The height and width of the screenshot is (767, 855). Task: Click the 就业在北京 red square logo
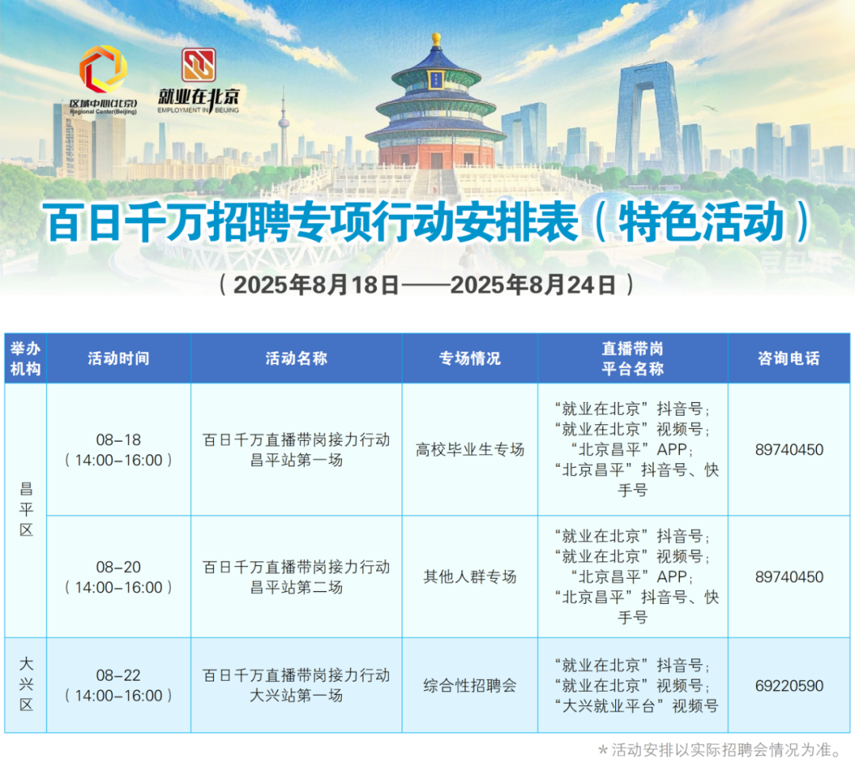point(199,65)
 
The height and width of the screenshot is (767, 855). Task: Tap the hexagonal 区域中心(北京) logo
point(103,69)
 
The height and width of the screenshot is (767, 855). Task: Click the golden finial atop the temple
point(435,40)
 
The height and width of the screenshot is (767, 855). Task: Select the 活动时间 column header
point(119,358)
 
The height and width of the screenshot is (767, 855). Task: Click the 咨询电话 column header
point(788,358)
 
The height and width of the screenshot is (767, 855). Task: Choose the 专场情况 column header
point(469,358)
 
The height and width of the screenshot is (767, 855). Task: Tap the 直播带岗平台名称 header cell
point(633,358)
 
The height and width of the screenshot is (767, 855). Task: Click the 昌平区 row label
point(25,509)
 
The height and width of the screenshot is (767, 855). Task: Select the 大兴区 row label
point(25,684)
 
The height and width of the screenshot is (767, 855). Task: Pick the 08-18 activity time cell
point(119,450)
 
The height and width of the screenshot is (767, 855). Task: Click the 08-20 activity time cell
point(119,577)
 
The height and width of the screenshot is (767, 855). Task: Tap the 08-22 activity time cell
point(119,685)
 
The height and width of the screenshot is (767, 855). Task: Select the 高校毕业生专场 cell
point(469,450)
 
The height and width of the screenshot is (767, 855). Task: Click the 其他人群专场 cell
point(469,577)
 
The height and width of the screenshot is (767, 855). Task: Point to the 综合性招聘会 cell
point(469,685)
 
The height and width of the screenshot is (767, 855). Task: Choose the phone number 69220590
point(789,685)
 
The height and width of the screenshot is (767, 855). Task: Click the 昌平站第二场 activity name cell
point(296,577)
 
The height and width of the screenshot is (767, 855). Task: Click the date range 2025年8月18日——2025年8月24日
point(426,285)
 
